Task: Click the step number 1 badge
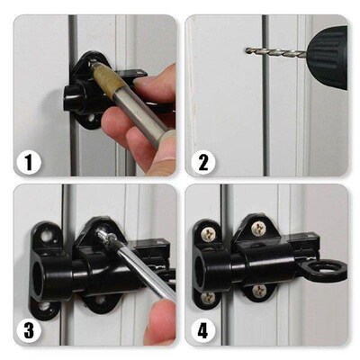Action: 29,163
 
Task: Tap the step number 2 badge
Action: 204,163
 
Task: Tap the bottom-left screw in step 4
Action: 208,298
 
